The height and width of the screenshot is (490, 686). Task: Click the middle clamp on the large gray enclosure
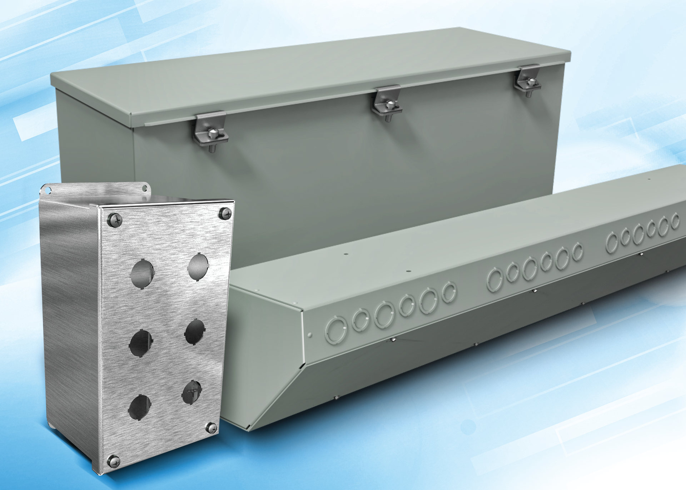387,102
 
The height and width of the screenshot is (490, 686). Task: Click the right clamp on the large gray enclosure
527,80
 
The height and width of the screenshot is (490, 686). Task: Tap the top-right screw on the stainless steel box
225,213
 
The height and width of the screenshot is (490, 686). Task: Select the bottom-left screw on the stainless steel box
114,461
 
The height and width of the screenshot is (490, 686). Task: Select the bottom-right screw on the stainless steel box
212,427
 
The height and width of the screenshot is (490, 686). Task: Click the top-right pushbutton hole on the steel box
198,267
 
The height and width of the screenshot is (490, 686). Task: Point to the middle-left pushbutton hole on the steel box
141,343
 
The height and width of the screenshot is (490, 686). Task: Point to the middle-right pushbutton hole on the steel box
195,332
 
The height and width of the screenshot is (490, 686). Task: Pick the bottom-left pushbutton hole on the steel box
140,407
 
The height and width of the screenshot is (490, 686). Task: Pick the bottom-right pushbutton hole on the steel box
192,392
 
